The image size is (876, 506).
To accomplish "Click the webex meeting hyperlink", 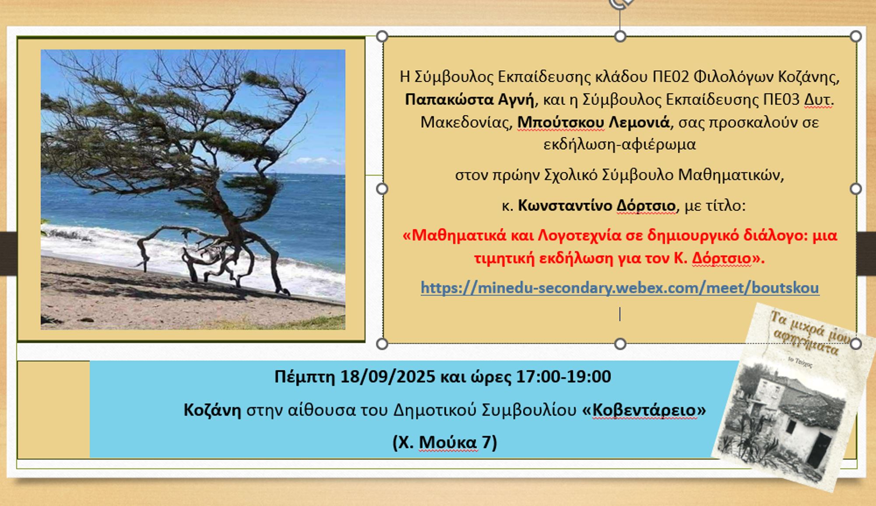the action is coord(620,288).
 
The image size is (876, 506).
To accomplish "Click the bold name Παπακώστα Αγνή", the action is coord(470,100).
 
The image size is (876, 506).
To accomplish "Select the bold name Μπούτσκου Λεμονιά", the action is coord(594,122).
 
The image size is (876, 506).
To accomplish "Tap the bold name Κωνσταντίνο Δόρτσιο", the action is coord(597,205).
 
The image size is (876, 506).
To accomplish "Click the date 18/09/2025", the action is coord(387,376).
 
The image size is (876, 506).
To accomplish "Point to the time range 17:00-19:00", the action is coord(564,376).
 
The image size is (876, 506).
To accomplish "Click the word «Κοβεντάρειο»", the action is coord(644,410).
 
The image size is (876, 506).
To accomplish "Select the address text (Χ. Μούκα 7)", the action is coord(445,442).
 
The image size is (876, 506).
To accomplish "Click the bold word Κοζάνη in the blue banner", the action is coord(212,410).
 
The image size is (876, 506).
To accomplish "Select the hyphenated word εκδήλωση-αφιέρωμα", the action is coord(619,145).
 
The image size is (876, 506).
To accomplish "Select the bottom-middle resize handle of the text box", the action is coord(620,344).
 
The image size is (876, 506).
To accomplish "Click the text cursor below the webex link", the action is coord(620,314).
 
